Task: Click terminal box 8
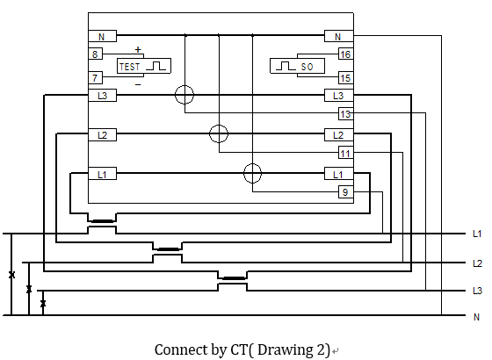click(96, 54)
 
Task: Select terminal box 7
click(96, 77)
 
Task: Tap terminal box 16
click(346, 54)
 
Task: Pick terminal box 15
click(346, 78)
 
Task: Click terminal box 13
click(346, 114)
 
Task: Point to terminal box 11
click(346, 153)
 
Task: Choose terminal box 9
click(346, 192)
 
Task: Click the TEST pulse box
click(144, 66)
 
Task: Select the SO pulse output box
click(298, 66)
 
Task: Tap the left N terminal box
click(102, 36)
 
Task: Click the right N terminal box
click(339, 36)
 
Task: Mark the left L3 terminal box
click(102, 96)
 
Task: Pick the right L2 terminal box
click(339, 135)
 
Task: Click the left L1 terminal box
click(102, 174)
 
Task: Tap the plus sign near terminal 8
click(138, 49)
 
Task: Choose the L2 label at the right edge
click(477, 263)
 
